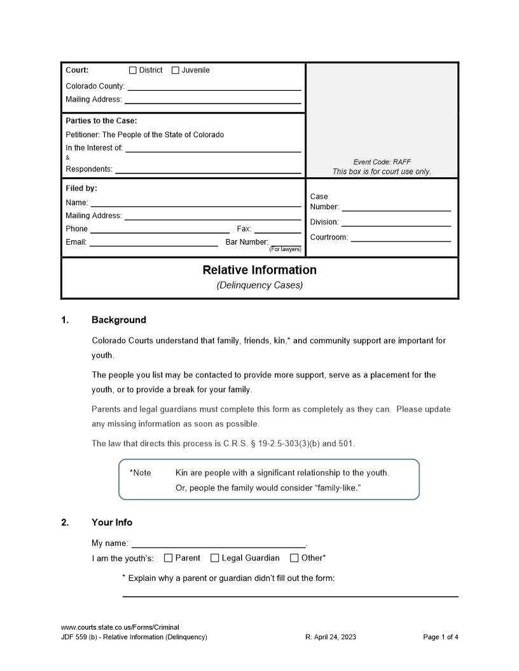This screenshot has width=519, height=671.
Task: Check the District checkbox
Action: pyautogui.click(x=133, y=71)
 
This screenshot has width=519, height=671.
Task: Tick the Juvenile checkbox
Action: pyautogui.click(x=176, y=71)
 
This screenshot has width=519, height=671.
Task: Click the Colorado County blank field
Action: pyautogui.click(x=213, y=86)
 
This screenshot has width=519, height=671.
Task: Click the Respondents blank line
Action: pyautogui.click(x=208, y=169)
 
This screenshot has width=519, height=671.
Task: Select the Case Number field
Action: pyautogui.click(x=396, y=207)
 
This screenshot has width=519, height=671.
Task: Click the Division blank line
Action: pyautogui.click(x=396, y=222)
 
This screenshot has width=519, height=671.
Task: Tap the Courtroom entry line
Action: pyautogui.click(x=401, y=237)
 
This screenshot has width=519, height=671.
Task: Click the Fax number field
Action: pyautogui.click(x=277, y=229)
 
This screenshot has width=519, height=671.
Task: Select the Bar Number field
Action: pyautogui.click(x=286, y=241)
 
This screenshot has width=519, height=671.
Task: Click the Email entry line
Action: pyautogui.click(x=153, y=242)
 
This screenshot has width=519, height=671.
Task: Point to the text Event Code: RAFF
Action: pyautogui.click(x=382, y=162)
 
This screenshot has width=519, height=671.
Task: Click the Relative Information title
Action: pyautogui.click(x=259, y=270)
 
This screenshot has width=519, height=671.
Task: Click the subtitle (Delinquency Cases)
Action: pyautogui.click(x=259, y=285)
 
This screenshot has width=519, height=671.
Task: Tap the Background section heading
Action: pyautogui.click(x=119, y=320)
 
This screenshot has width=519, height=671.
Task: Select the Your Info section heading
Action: pyautogui.click(x=112, y=522)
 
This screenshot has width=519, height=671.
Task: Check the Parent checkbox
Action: pyautogui.click(x=169, y=558)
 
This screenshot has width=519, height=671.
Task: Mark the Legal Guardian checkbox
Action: pyautogui.click(x=215, y=558)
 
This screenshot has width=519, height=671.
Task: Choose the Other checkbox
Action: pyautogui.click(x=294, y=558)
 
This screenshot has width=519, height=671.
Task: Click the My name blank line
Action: pyautogui.click(x=218, y=543)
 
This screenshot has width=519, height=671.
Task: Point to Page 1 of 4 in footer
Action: pyautogui.click(x=440, y=637)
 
